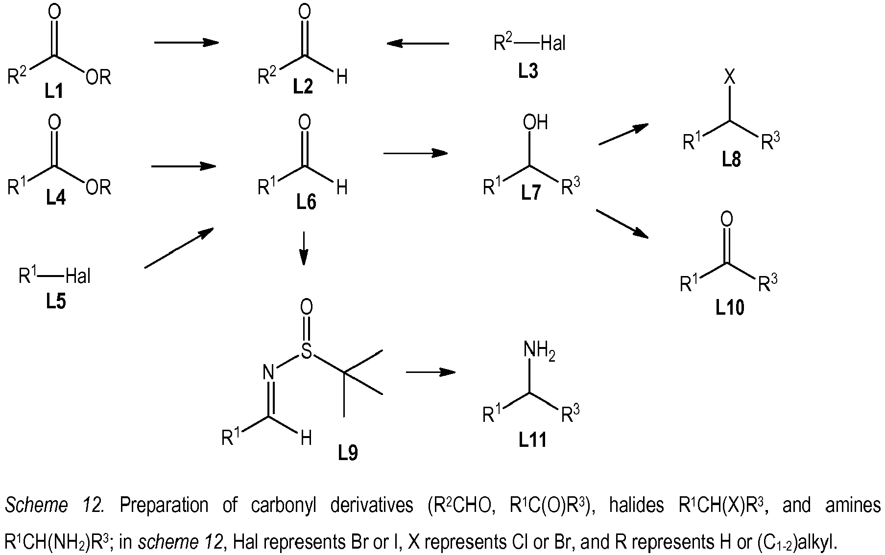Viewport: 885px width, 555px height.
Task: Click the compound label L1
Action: click(54, 91)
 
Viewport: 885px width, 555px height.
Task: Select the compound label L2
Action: click(303, 87)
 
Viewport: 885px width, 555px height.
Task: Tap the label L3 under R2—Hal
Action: click(528, 71)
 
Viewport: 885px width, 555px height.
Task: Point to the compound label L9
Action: click(348, 453)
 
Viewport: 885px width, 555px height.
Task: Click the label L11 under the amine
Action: click(532, 440)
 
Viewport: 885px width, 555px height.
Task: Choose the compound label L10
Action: click(730, 308)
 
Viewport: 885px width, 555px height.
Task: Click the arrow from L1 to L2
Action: click(186, 43)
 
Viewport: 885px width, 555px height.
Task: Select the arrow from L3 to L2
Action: click(417, 44)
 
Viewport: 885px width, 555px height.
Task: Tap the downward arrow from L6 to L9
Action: click(304, 248)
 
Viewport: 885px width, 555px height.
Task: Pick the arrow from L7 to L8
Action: click(623, 134)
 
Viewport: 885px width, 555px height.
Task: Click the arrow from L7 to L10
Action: click(622, 224)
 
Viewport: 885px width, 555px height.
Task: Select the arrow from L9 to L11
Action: click(431, 372)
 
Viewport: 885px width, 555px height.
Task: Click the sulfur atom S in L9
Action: click(306, 350)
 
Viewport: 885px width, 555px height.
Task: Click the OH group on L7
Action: click(535, 122)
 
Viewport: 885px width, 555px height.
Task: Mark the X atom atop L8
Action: click(730, 77)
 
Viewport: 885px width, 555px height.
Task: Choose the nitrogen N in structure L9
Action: click(268, 372)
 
